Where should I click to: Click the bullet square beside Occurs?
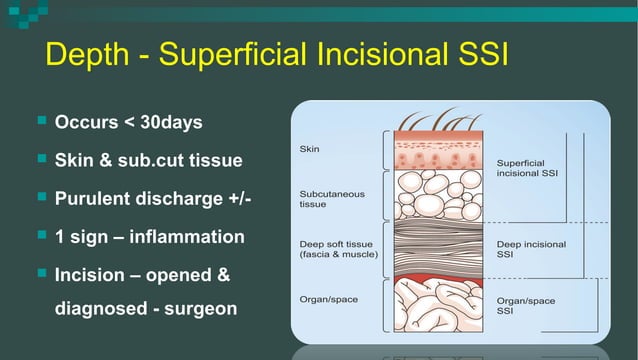click(x=41, y=121)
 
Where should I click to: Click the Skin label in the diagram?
click(x=310, y=149)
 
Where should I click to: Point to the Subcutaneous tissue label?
click(x=332, y=198)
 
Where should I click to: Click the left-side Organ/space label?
click(x=328, y=298)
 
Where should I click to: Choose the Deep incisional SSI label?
click(x=530, y=248)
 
